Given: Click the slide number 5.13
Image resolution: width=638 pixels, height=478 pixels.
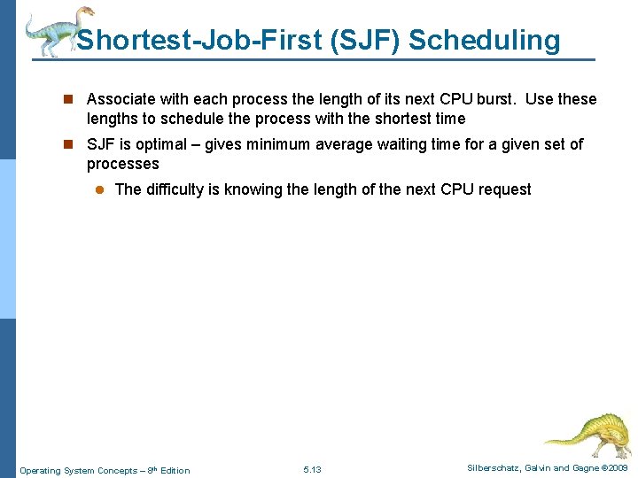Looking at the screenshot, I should [x=312, y=469].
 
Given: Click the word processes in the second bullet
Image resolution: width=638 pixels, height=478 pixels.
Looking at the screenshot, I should [x=122, y=164].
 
